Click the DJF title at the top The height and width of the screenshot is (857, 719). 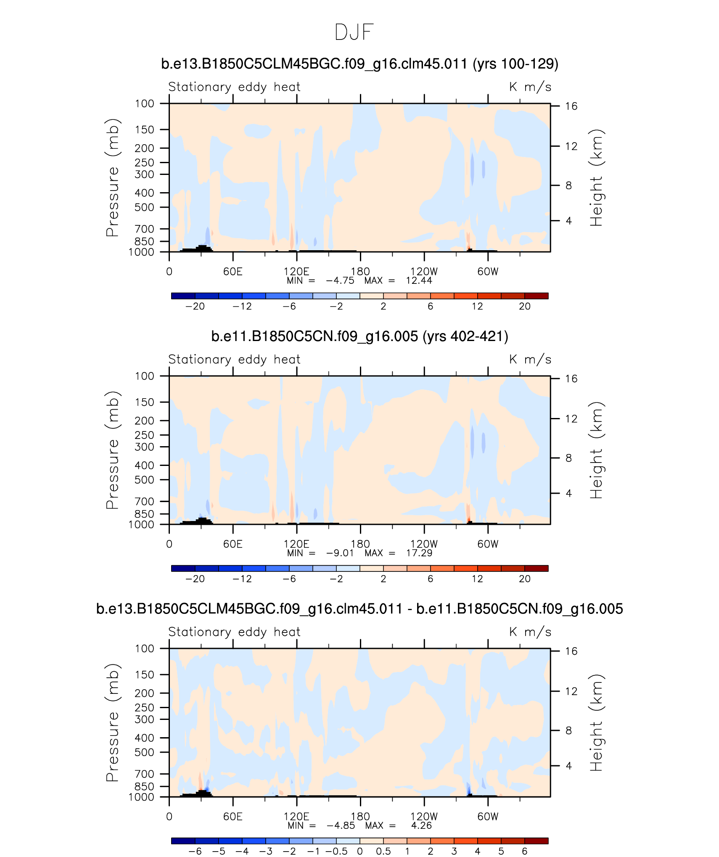click(354, 32)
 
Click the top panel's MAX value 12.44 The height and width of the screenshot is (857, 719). click(419, 281)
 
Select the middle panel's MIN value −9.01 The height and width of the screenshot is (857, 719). click(340, 553)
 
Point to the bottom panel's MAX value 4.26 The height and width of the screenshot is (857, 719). click(421, 825)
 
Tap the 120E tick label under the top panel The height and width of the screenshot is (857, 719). click(296, 272)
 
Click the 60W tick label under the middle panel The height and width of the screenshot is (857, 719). click(488, 544)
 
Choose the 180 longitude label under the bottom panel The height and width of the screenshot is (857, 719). click(360, 816)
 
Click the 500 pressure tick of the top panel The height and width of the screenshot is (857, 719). click(144, 207)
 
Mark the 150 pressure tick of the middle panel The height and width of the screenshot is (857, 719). click(144, 402)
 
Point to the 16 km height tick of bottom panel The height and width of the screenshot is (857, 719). click(571, 651)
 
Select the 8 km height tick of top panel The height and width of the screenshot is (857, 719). click(568, 185)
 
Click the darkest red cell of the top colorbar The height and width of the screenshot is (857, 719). click(536, 296)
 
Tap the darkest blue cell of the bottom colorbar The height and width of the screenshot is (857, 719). click(183, 841)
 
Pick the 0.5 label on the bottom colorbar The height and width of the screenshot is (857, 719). click(383, 852)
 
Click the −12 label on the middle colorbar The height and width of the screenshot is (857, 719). click(242, 579)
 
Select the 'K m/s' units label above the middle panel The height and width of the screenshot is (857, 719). click(530, 360)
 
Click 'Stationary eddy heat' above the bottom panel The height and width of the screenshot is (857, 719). click(234, 632)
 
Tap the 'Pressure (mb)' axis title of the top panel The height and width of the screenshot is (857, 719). click(112, 177)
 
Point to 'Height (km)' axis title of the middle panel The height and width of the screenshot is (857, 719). click(596, 450)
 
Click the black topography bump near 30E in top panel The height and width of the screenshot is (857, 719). click(202, 248)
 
